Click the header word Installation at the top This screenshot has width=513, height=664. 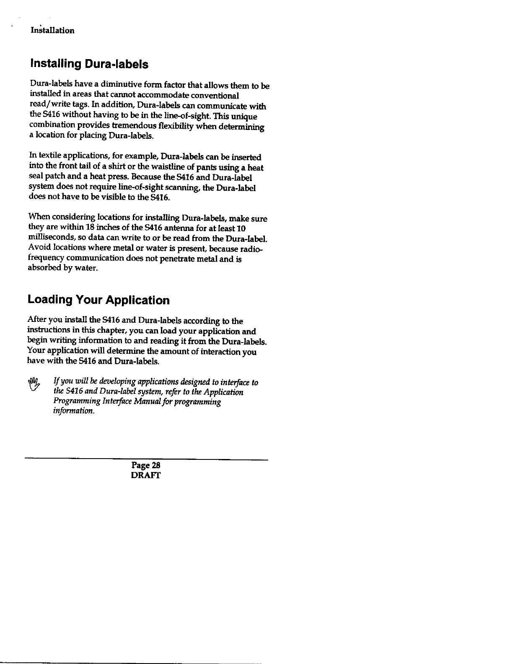tap(52, 31)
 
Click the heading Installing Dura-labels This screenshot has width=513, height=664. tap(88, 65)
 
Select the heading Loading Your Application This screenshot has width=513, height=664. tap(98, 300)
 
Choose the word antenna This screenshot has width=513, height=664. tap(179, 228)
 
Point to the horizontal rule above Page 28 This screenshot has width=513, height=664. tap(146, 460)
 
